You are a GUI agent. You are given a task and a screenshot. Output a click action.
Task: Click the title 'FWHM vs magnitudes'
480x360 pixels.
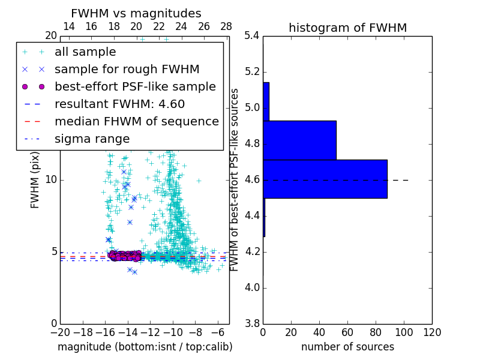[x=136, y=13]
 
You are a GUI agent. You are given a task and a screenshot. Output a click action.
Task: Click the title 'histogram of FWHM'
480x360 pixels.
[x=347, y=28]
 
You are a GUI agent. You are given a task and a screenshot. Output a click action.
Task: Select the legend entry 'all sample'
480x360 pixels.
[x=85, y=52]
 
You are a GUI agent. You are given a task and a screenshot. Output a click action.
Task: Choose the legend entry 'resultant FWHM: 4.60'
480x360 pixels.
[x=119, y=104]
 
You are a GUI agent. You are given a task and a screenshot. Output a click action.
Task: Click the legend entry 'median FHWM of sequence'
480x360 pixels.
[x=136, y=121]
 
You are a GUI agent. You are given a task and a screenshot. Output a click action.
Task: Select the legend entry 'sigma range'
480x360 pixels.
[x=92, y=139]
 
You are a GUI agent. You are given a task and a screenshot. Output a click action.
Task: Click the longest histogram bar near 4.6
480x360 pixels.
[x=325, y=179]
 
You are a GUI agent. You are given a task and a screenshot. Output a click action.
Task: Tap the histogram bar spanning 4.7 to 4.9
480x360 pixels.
[x=299, y=140]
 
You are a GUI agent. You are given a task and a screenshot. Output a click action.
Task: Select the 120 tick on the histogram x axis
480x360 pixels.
[x=432, y=332]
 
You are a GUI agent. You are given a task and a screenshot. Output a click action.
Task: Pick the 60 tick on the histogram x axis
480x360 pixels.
[x=347, y=332]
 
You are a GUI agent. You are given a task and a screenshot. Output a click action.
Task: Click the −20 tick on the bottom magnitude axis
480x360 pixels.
[x=60, y=332]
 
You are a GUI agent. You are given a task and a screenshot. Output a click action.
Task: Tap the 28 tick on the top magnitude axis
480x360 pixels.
[x=226, y=26]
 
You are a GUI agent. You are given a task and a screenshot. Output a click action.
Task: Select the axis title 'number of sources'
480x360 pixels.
[x=347, y=347]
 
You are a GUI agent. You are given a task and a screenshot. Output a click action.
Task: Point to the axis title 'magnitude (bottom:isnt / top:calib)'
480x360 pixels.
[x=145, y=347]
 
